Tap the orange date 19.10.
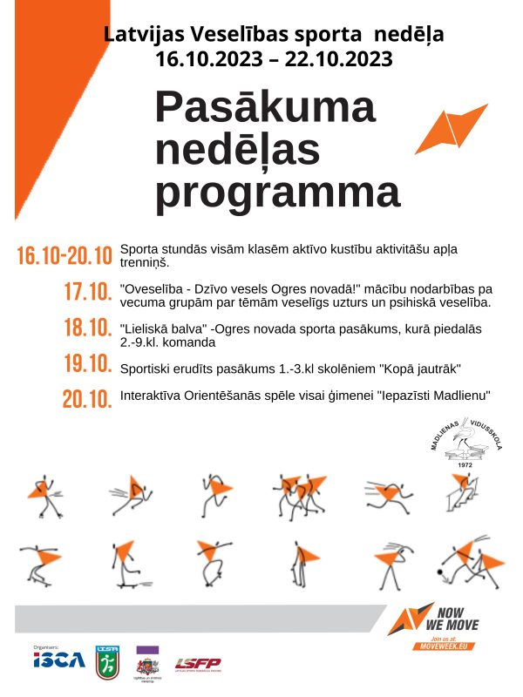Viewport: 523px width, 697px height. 88,363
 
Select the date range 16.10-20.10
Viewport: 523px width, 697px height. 65,256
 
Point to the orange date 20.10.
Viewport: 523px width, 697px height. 87,399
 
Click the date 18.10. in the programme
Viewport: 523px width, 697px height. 88,328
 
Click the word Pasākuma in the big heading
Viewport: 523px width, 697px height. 265,106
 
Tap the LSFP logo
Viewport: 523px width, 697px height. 198,664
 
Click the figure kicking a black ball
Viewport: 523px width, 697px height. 465,562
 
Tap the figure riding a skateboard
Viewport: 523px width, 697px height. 121,564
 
